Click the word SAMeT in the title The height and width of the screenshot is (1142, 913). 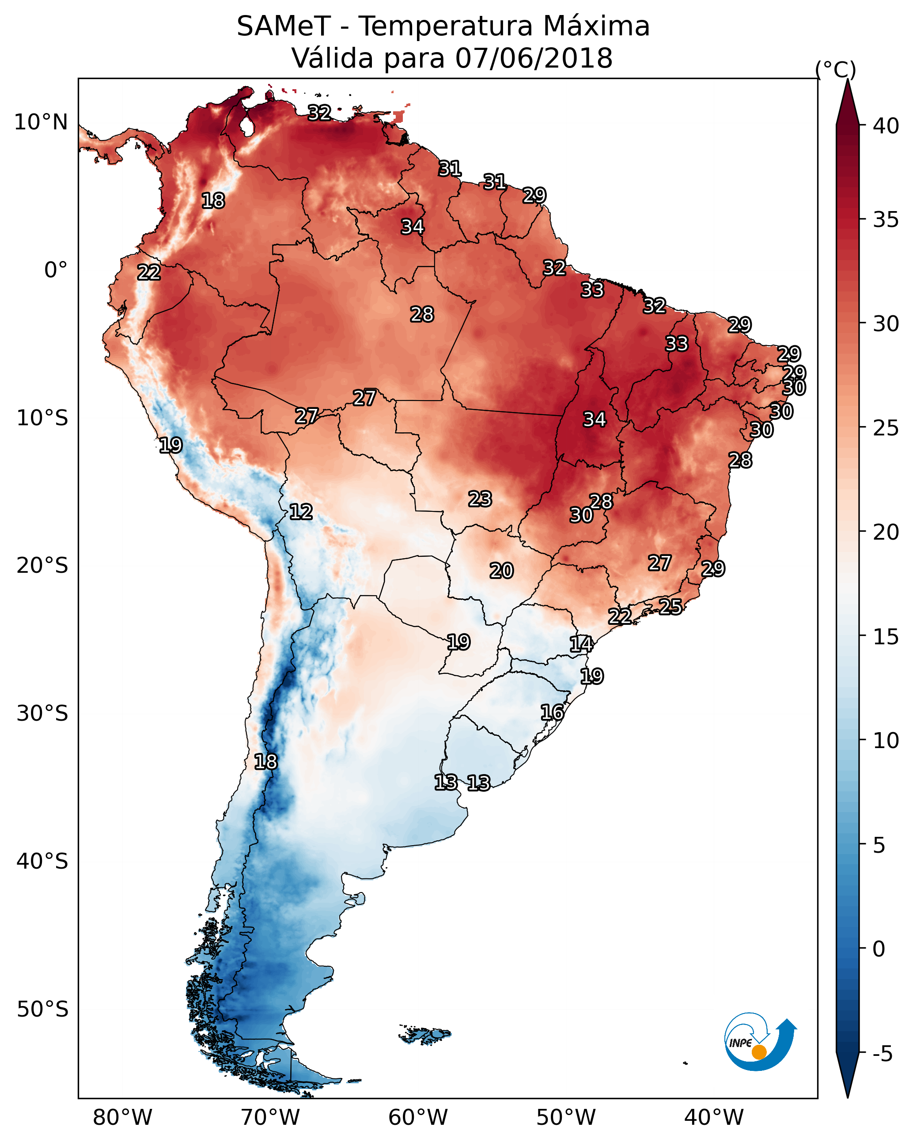284,26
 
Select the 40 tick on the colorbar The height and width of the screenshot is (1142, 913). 886,126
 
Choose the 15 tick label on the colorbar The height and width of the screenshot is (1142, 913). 886,637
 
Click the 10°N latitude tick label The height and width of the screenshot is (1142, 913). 41,122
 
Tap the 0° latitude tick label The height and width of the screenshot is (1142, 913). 56,270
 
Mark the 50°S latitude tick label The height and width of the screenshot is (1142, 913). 42,1010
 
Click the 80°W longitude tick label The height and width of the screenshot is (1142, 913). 122,1117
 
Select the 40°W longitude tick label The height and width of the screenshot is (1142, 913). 714,1117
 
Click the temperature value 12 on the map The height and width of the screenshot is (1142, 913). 301,512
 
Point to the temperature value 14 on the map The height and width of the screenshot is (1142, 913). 581,644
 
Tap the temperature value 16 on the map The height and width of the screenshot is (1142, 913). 552,712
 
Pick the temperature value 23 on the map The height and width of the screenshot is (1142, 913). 480,499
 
